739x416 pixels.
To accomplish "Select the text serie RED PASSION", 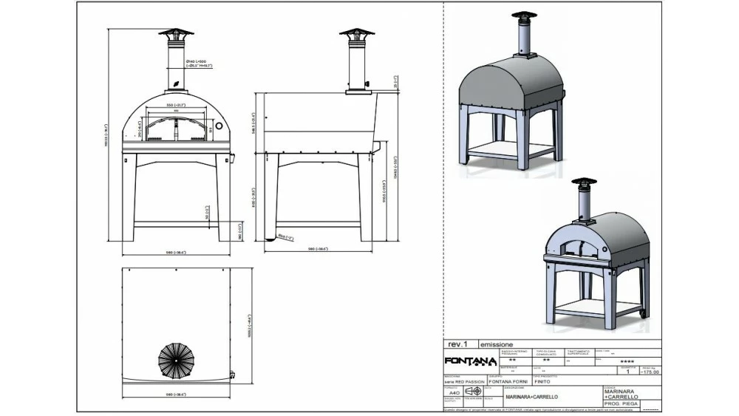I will click(x=464, y=382).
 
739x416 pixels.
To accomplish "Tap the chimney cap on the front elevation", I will click(x=175, y=35).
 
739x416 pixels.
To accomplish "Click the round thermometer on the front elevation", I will click(x=219, y=128).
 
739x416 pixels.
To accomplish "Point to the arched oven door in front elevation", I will click(x=175, y=130).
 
